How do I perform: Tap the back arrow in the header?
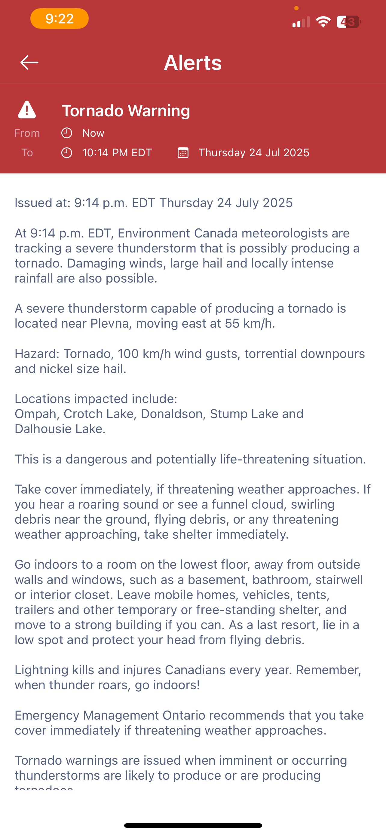[29, 63]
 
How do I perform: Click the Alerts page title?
[193, 63]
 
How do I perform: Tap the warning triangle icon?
[27, 110]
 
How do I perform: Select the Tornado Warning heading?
[126, 111]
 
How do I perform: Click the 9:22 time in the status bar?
[60, 18]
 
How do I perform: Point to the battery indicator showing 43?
[348, 22]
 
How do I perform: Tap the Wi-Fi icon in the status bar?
[323, 22]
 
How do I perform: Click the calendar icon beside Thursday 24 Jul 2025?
[183, 153]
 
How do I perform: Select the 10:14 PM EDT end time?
[117, 153]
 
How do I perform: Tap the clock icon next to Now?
[67, 133]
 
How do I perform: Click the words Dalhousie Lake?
[60, 429]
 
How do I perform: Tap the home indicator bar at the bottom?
[193, 825]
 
